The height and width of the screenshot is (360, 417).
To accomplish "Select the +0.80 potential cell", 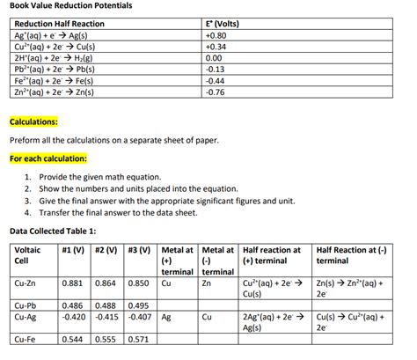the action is [215, 37].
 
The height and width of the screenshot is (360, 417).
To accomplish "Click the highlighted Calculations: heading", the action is [33, 121].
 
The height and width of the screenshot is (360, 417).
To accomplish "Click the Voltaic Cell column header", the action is [27, 256].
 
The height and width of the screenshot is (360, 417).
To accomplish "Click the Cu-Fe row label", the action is [25, 339].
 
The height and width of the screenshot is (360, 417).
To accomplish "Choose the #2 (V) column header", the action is [105, 250].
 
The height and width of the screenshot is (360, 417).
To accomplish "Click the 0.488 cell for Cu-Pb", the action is [106, 305].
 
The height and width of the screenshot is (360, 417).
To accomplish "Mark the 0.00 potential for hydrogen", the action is [213, 58].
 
